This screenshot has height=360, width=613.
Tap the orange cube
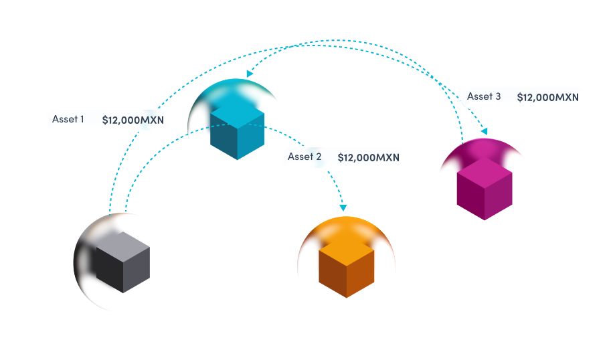(x=346, y=268)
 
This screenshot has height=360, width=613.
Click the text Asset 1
(x=68, y=120)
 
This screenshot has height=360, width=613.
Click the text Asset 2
(x=304, y=157)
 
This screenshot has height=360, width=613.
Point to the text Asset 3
(x=484, y=96)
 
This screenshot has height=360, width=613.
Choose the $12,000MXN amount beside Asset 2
(x=368, y=157)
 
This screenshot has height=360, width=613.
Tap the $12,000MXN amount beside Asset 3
(x=547, y=97)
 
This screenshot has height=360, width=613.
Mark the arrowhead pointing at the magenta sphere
(x=483, y=130)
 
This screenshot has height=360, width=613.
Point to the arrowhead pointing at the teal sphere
(x=249, y=72)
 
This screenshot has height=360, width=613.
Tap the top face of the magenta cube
(x=484, y=171)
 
